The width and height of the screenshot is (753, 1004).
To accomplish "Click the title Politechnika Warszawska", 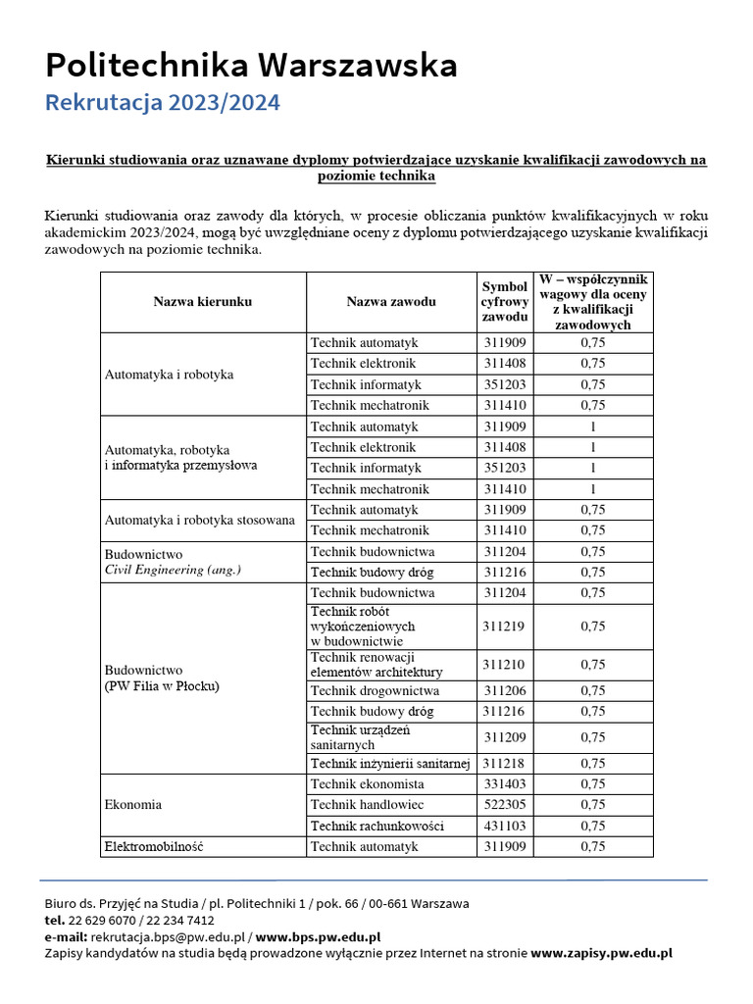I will point(251,66).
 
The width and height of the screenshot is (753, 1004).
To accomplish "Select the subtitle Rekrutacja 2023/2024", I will point(163,103).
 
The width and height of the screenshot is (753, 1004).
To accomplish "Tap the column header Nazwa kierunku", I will point(203,302).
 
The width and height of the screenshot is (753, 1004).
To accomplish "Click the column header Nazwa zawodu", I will point(391,302).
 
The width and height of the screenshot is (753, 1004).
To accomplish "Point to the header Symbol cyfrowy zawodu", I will point(505,302).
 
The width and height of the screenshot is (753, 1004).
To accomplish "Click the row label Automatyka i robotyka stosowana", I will point(200,521).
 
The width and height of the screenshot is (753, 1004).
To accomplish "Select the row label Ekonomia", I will point(133,805).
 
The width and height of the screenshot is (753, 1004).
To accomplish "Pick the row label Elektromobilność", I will point(154,846).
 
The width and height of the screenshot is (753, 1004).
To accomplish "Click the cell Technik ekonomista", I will point(368,784).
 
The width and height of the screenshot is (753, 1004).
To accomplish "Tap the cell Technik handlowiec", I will point(368,805).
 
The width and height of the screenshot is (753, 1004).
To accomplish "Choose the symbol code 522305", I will point(505,805).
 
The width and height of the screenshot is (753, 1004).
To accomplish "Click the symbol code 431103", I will point(505,826).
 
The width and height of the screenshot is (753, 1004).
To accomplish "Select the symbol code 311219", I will point(505,626).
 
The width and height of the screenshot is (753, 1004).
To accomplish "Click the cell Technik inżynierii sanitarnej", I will point(390,764).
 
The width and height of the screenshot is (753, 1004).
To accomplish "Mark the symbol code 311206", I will point(505,690).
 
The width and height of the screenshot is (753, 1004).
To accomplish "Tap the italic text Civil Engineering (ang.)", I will point(173,570).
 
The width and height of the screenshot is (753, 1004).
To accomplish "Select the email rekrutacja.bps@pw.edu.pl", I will point(168,936).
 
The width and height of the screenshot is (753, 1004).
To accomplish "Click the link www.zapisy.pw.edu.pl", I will point(601,952).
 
